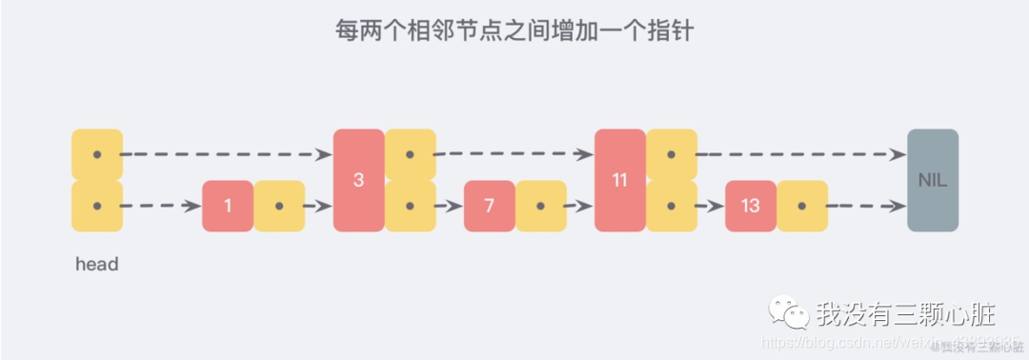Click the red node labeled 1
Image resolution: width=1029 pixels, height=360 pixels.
coord(228,206)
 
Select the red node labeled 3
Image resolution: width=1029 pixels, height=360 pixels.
coord(358,180)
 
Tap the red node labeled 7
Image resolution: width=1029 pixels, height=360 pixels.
coord(489,206)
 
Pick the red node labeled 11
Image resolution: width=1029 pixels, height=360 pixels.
coord(619,180)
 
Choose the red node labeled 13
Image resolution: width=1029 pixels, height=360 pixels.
coord(750,206)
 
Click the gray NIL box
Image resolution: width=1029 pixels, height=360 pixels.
coord(933,180)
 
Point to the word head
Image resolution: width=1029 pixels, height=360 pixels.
coord(97,265)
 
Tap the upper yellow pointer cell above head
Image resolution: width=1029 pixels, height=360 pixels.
coord(97,154)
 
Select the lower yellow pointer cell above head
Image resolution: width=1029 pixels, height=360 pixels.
coord(97,206)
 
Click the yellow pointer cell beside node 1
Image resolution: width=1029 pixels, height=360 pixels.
coord(279,206)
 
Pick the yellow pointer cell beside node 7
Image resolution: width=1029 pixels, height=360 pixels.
coord(541,206)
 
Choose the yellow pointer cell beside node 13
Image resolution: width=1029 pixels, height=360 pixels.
coord(802,206)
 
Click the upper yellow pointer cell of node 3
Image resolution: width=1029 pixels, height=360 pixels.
coord(411,154)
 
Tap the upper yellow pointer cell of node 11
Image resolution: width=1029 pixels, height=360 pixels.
coord(672,154)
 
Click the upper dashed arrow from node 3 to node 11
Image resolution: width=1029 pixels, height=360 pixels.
coord(514,154)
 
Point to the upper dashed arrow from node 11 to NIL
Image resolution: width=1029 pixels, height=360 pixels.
coord(800,154)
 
